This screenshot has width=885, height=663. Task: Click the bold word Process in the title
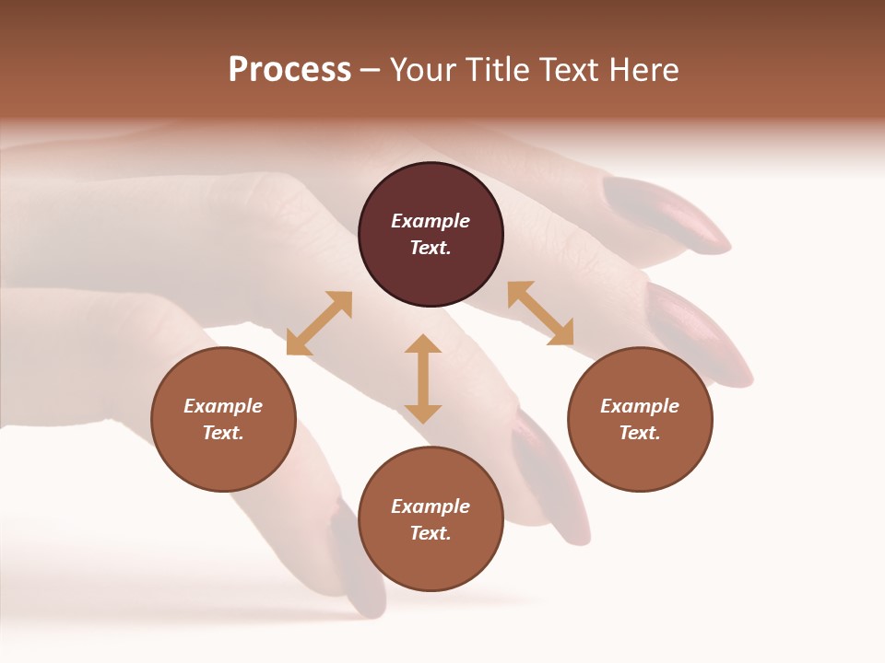(289, 70)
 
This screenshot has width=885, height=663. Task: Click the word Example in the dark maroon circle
(431, 221)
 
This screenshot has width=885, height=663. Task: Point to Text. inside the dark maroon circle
(431, 248)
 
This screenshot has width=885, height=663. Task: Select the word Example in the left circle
(223, 406)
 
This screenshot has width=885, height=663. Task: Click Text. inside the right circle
(640, 433)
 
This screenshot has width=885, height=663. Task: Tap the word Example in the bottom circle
(431, 506)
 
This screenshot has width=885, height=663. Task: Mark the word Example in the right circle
(640, 406)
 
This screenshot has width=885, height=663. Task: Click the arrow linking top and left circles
(319, 323)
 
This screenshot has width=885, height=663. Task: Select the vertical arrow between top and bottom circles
(423, 378)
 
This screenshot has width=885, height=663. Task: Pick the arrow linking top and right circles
(540, 313)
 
